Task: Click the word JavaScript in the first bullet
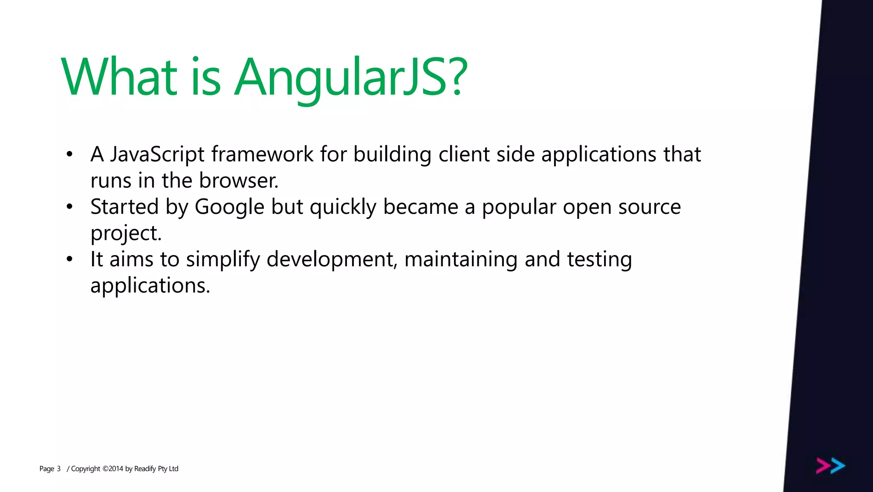click(x=157, y=154)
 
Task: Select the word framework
click(x=262, y=154)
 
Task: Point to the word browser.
click(x=238, y=180)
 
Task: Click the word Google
click(x=229, y=207)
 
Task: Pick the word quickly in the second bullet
click(x=343, y=207)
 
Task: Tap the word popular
click(x=519, y=207)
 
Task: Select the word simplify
click(x=223, y=260)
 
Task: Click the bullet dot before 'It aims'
click(x=70, y=259)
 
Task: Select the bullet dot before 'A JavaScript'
click(x=70, y=154)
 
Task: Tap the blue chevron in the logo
click(x=838, y=466)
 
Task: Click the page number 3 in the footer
click(x=58, y=469)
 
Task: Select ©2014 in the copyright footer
click(x=113, y=469)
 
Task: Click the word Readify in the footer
click(x=145, y=469)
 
